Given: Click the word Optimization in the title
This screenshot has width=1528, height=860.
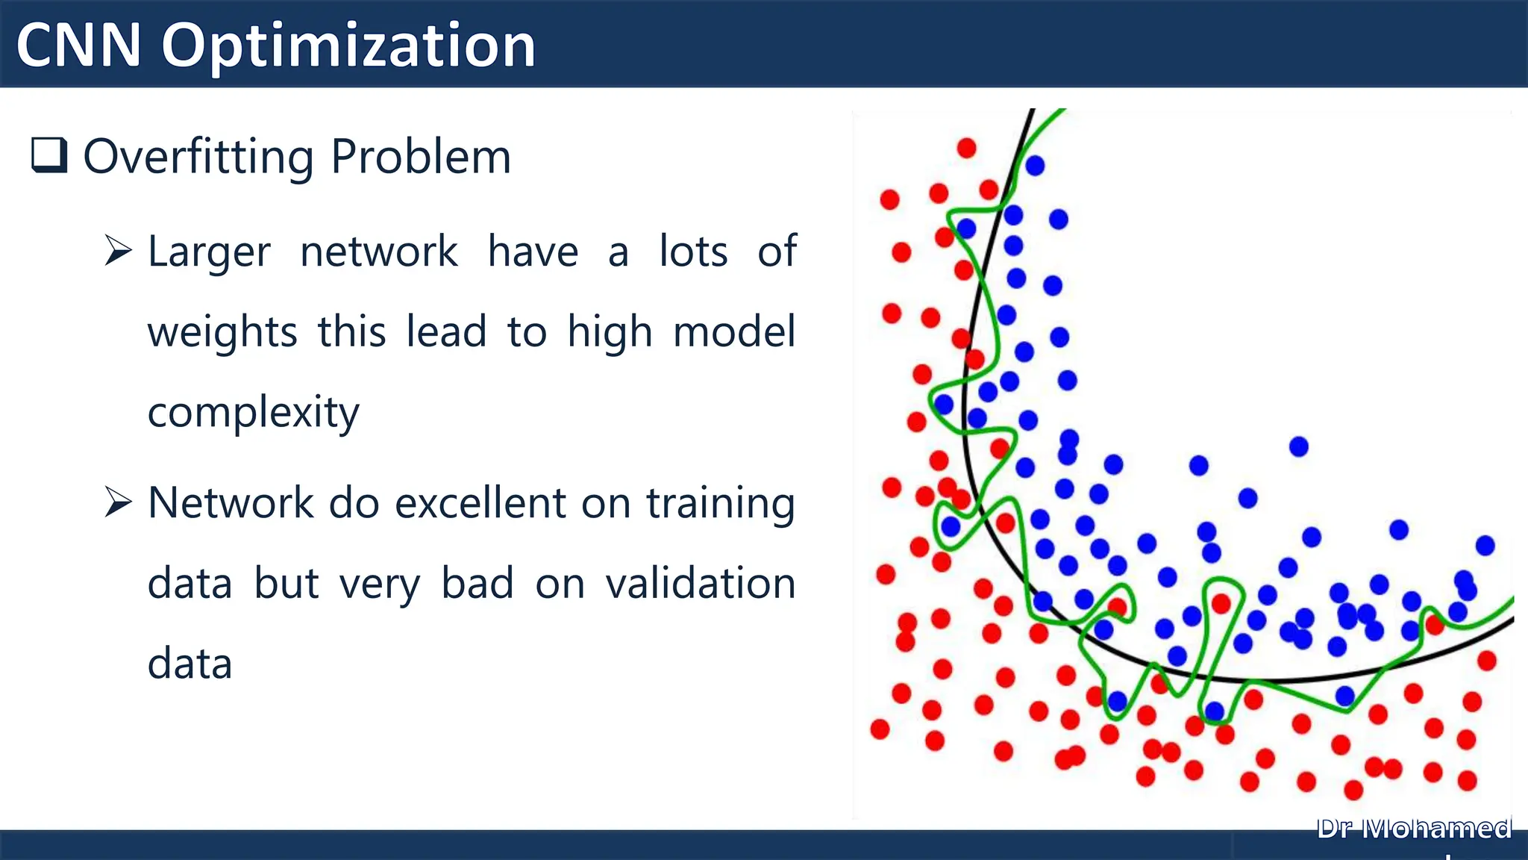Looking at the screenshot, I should (x=348, y=46).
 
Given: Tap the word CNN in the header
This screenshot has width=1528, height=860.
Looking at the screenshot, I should (x=78, y=46).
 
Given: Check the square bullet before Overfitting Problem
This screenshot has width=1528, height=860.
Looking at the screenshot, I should (x=49, y=155).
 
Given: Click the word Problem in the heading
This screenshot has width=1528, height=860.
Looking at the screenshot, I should (x=421, y=158).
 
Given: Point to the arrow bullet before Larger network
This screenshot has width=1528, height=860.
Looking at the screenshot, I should (x=118, y=250).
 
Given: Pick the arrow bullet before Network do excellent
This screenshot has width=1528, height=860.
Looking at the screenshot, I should (x=118, y=502).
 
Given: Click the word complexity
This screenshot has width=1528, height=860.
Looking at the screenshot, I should (x=253, y=413).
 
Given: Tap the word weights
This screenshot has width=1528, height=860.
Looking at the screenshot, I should (x=222, y=333).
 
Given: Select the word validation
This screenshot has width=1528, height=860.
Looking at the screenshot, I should (x=701, y=583).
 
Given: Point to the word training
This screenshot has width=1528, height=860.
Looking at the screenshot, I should (x=720, y=504).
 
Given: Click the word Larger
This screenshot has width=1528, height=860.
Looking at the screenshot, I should (x=209, y=252).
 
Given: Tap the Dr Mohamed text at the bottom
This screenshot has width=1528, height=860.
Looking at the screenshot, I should (x=1414, y=829).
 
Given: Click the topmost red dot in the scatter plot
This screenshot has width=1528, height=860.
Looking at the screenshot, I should (x=966, y=148).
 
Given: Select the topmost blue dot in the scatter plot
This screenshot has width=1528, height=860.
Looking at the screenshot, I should (x=1035, y=166).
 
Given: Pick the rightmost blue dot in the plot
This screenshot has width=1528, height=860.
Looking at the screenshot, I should (x=1485, y=546).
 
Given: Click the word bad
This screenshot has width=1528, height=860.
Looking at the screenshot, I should (x=477, y=583).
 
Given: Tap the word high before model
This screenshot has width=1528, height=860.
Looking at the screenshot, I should (x=610, y=333).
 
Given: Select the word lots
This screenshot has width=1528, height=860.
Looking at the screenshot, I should (x=693, y=252).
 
